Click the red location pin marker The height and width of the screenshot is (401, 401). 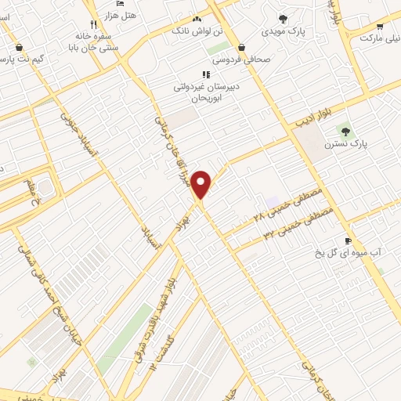202,184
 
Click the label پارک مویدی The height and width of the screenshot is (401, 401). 284,32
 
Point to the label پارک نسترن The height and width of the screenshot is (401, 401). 370,145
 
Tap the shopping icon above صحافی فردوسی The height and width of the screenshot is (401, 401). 240,47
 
